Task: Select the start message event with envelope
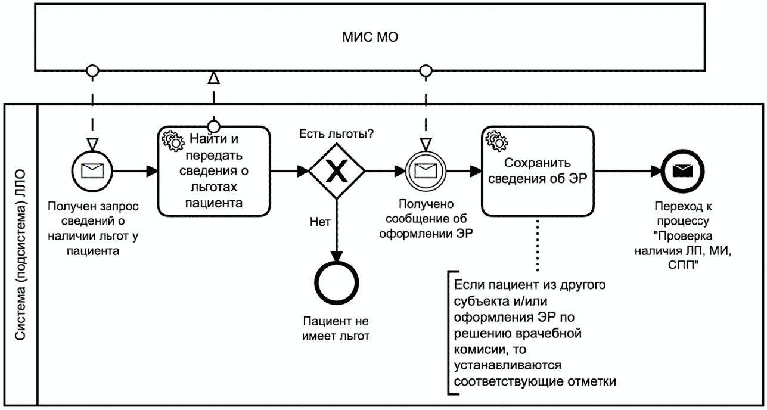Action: [92, 172]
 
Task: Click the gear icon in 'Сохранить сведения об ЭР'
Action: [495, 139]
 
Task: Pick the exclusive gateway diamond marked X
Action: [337, 172]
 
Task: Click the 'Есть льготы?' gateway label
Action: [336, 133]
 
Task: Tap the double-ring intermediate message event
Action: [425, 172]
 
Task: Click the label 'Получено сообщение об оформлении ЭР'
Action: [425, 220]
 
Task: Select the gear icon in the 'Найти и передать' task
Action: [172, 139]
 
